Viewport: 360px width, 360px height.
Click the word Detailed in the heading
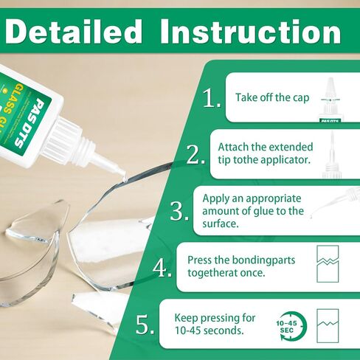coord(73,32)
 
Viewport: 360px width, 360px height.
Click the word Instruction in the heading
coord(251,32)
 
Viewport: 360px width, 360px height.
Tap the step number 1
coord(212,98)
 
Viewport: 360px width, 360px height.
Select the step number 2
coord(195,154)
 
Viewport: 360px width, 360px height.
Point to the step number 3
coord(179,211)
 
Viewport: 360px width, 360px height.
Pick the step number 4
coord(162,268)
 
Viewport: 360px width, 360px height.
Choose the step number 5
coord(145,325)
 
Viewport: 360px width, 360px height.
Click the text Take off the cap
coord(272,97)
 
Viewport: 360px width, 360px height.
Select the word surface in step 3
coord(221,224)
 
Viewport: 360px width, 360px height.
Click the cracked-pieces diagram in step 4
coord(328,263)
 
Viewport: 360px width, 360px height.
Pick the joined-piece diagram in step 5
coord(328,326)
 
